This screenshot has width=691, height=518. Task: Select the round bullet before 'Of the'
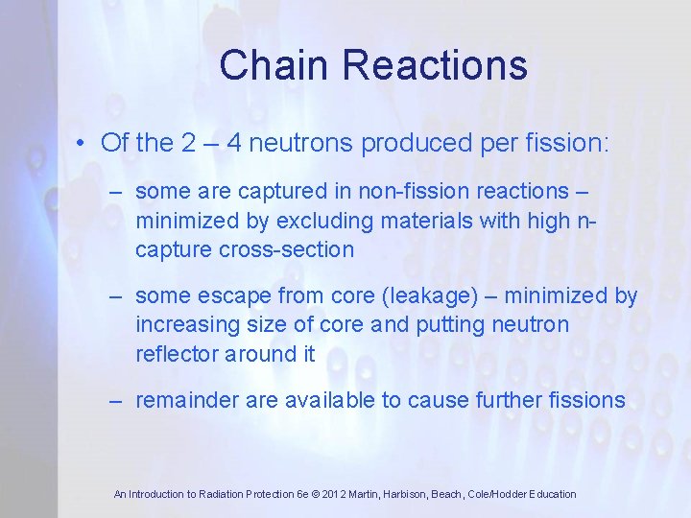click(84, 144)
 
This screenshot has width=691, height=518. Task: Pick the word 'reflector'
click(177, 354)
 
